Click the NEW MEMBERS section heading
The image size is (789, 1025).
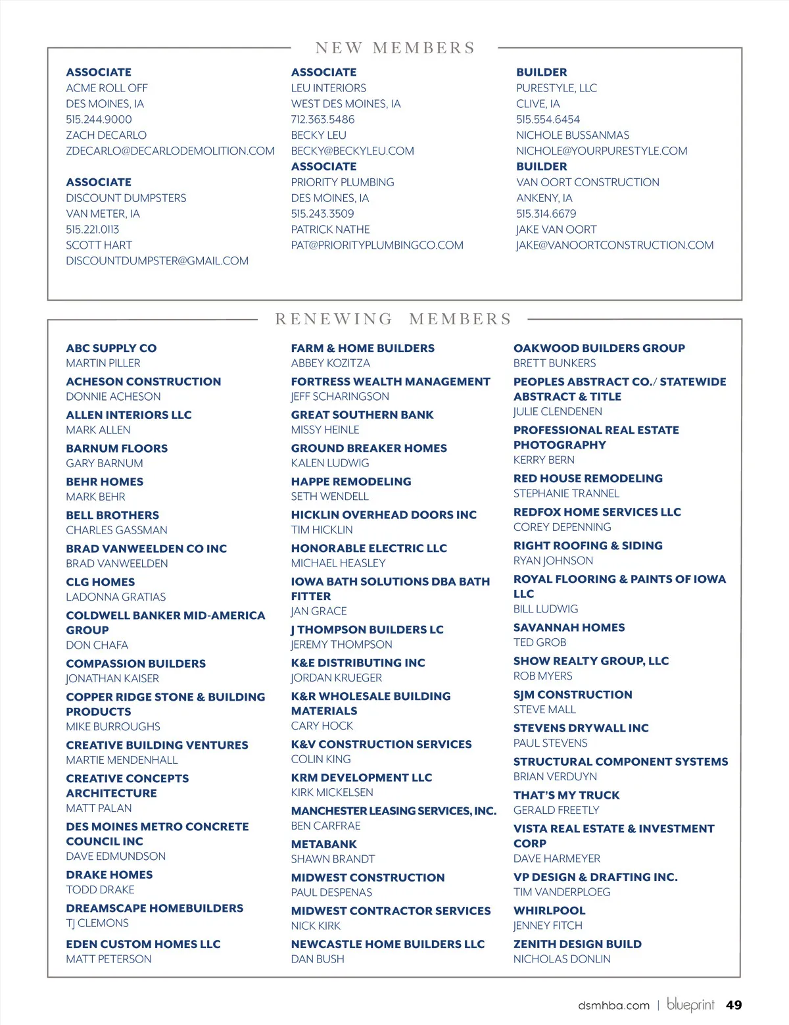click(394, 48)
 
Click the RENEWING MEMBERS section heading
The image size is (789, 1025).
click(393, 319)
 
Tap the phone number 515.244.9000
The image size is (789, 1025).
click(99, 119)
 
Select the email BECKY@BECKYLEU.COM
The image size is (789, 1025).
click(352, 151)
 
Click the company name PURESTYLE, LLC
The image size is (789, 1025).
click(556, 87)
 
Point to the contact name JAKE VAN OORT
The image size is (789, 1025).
click(556, 229)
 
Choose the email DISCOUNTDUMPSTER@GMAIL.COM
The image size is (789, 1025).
click(157, 261)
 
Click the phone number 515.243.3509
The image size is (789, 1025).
click(322, 214)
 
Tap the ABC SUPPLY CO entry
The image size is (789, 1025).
click(111, 348)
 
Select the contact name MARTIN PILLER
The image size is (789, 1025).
click(103, 363)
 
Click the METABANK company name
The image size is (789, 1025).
click(323, 844)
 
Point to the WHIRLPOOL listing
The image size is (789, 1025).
click(549, 911)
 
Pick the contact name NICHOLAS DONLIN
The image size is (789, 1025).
click(562, 959)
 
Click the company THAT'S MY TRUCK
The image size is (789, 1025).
click(566, 795)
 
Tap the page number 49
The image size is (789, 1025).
click(734, 1005)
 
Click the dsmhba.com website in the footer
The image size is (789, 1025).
click(613, 1005)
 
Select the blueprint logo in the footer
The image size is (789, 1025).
click(690, 1005)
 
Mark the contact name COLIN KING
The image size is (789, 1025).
click(321, 759)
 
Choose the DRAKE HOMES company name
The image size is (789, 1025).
click(109, 874)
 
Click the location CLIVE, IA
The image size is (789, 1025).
click(538, 103)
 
